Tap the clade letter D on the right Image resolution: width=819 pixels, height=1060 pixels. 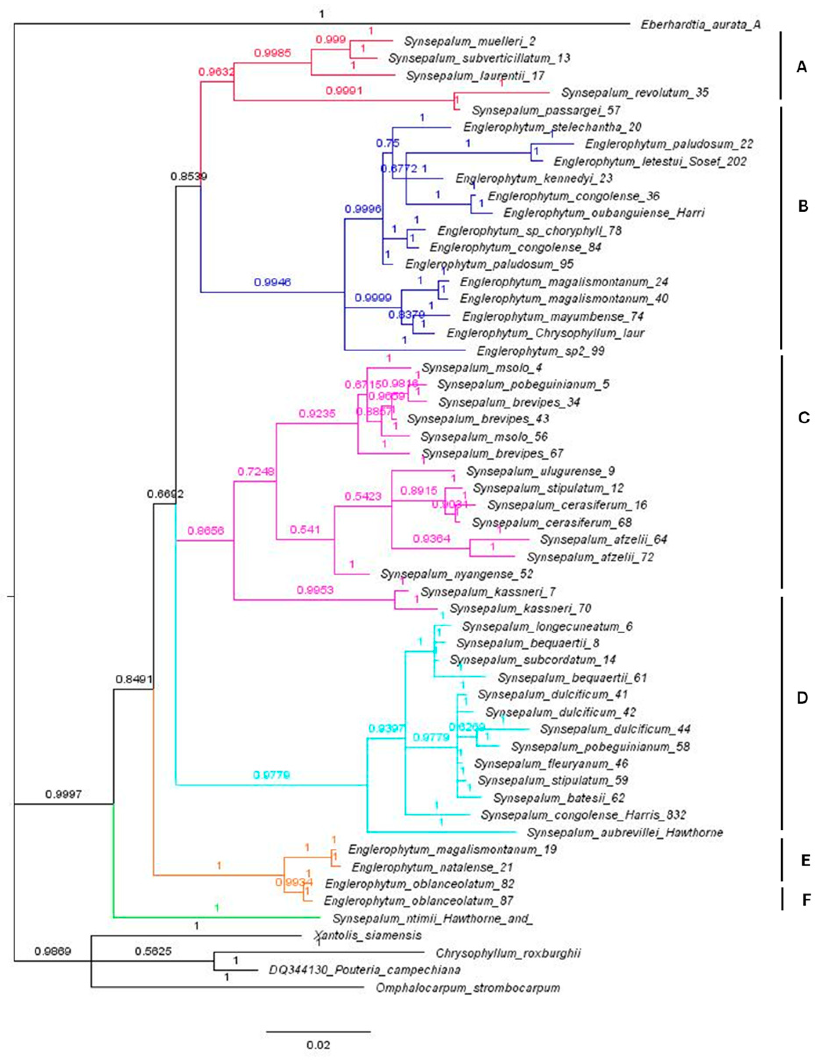(x=802, y=698)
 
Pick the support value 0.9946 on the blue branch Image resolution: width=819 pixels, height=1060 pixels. (x=272, y=282)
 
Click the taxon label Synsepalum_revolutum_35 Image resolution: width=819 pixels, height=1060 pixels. (x=634, y=92)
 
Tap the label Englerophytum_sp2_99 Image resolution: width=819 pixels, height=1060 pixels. (x=540, y=350)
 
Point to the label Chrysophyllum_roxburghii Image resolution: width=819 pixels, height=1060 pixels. (x=508, y=953)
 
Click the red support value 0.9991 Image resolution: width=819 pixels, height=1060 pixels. (x=344, y=91)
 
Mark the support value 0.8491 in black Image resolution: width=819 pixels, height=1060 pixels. (x=134, y=679)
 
